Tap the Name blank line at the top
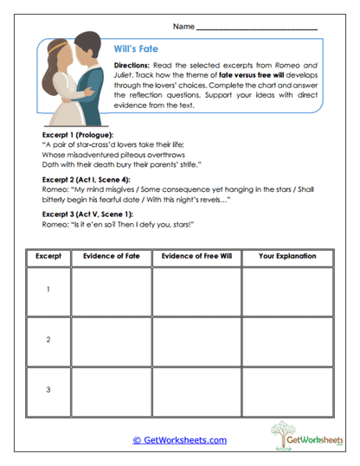257,29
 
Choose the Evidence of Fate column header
110,256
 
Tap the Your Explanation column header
287,256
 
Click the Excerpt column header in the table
48,256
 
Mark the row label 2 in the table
48,341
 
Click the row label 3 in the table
48,390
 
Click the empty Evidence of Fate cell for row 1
110,291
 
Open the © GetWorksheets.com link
180,439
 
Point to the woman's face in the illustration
63,56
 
